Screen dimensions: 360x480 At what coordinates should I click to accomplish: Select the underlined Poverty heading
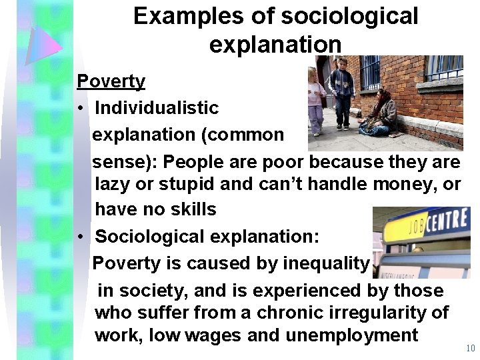(x=111, y=82)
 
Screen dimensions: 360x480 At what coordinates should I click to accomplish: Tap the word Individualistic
(x=157, y=108)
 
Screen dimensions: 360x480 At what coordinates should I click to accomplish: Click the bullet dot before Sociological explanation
(x=79, y=237)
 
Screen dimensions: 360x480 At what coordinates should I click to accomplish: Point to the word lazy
(x=113, y=185)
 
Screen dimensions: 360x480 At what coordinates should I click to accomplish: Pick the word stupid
(x=174, y=185)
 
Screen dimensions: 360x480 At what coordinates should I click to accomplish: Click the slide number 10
(x=470, y=349)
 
